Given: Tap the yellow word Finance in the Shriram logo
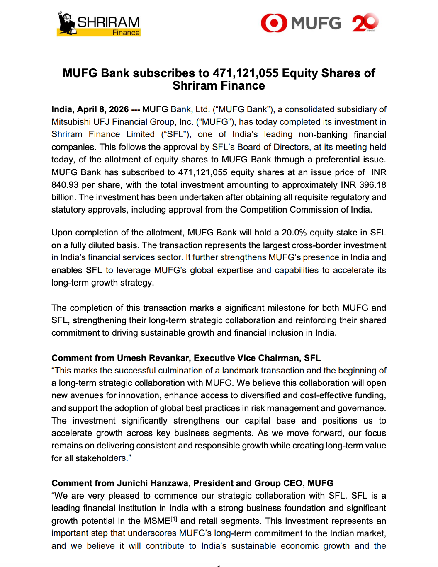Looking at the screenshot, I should point(126,33).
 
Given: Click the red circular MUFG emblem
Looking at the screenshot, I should point(274,23).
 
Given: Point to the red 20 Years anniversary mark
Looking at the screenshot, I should point(365,23).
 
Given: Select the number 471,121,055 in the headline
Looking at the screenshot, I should point(246,73).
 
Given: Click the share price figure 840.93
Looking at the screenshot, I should point(65,185).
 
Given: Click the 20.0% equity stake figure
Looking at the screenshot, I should point(294,233).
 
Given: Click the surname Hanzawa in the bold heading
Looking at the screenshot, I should point(170,483).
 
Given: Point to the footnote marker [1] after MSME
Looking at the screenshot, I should point(174,519).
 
